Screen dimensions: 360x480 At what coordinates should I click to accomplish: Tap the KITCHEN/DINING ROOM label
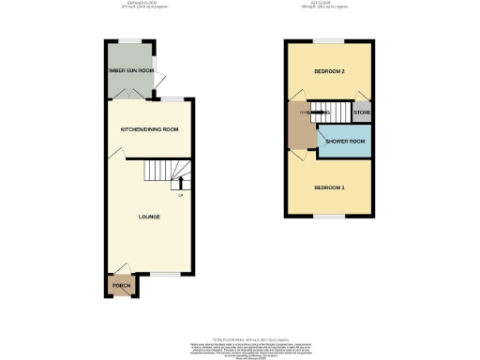pyautogui.click(x=149, y=129)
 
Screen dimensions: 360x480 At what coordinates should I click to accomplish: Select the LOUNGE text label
pyautogui.click(x=149, y=217)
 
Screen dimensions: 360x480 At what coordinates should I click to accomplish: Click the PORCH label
pyautogui.click(x=121, y=285)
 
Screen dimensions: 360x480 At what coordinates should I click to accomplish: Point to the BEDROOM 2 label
pyautogui.click(x=329, y=71)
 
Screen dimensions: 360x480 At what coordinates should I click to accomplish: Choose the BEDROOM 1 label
pyautogui.click(x=329, y=188)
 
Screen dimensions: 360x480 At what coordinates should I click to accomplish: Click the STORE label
pyautogui.click(x=362, y=112)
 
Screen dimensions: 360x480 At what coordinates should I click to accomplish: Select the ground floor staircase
pyautogui.click(x=166, y=172)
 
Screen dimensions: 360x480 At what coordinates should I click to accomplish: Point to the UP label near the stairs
pyautogui.click(x=181, y=195)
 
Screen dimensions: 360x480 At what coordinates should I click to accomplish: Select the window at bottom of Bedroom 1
pyautogui.click(x=329, y=216)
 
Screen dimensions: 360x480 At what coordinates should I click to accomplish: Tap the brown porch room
pyautogui.click(x=121, y=284)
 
